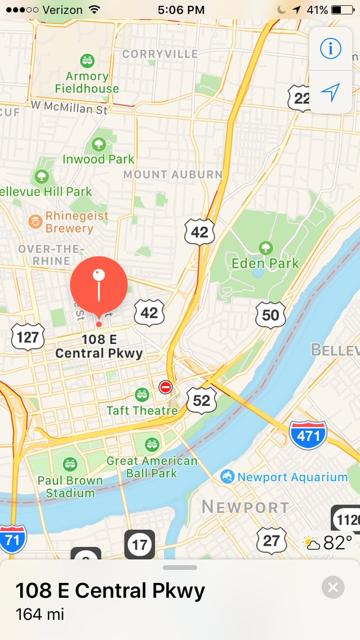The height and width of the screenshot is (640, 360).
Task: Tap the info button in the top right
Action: tap(330, 49)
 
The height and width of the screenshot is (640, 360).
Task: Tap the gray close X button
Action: tap(333, 588)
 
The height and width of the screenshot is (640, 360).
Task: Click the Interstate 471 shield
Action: tap(308, 436)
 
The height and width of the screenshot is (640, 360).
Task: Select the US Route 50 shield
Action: tap(270, 315)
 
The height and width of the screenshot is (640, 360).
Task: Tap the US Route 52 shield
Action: tap(202, 400)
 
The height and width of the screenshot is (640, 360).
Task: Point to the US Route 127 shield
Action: tap(28, 337)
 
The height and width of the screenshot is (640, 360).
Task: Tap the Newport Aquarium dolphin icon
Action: tap(228, 476)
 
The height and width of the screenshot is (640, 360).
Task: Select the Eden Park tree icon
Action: tap(265, 247)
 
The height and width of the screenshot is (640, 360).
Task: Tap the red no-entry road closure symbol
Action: tap(165, 387)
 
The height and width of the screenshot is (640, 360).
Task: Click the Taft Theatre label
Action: tap(142, 411)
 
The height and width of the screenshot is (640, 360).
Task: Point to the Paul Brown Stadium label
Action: tap(70, 486)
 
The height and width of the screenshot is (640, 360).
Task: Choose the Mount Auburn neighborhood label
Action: tap(173, 174)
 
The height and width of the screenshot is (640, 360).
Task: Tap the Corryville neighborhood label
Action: tap(160, 54)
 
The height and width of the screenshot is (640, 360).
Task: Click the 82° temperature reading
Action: tap(338, 543)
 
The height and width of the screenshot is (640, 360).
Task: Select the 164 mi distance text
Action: tap(40, 614)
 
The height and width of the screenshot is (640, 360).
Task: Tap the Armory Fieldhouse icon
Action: tap(86, 61)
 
